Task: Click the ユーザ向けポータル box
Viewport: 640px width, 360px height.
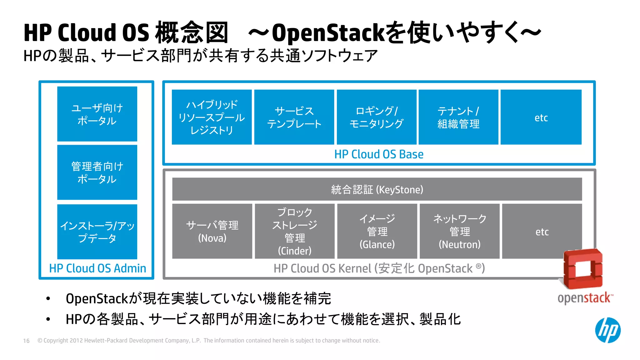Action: click(x=97, y=114)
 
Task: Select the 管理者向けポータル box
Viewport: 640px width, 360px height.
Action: click(x=97, y=172)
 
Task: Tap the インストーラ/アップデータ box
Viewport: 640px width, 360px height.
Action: click(x=97, y=232)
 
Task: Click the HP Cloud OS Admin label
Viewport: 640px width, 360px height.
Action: click(x=97, y=268)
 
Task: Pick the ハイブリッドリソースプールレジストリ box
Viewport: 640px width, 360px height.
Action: click(x=212, y=117)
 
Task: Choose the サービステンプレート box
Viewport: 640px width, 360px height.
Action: click(x=294, y=117)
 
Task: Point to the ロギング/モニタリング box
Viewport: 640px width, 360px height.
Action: click(x=376, y=117)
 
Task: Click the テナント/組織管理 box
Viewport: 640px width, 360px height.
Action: click(x=458, y=117)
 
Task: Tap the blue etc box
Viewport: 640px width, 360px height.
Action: click(x=541, y=117)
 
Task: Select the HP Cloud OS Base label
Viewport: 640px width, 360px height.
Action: click(x=379, y=154)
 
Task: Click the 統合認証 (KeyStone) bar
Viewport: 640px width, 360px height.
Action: click(x=377, y=189)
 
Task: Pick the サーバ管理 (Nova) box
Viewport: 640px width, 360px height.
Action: click(x=212, y=231)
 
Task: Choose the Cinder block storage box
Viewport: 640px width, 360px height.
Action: click(x=294, y=231)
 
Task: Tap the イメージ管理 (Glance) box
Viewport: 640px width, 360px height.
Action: click(x=377, y=231)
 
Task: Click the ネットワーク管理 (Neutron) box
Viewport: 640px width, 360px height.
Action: click(x=459, y=231)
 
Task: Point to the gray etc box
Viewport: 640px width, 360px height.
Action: click(x=542, y=231)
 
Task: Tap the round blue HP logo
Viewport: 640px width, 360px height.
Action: click(x=607, y=330)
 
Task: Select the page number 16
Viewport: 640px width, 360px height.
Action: click(x=26, y=341)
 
